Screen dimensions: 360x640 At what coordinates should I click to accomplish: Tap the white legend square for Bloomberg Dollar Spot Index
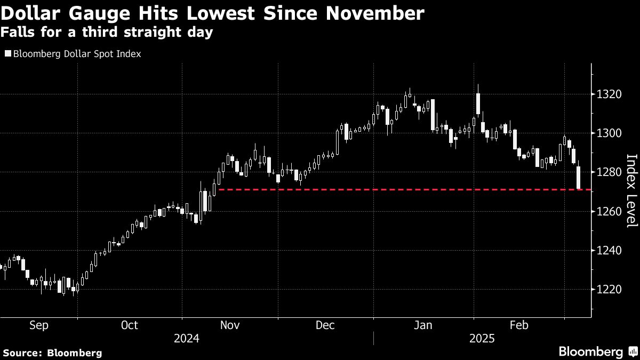pos(7,54)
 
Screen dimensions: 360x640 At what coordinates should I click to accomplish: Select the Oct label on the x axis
pos(130,325)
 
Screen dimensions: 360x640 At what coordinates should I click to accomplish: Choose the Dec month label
pos(325,325)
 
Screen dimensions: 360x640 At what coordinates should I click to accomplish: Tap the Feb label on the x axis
pos(519,325)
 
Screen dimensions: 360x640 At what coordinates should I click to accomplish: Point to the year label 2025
pos(482,339)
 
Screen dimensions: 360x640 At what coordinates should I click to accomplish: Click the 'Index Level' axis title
pos(631,190)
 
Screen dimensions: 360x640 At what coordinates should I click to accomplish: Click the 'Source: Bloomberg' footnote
pos(52,353)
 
